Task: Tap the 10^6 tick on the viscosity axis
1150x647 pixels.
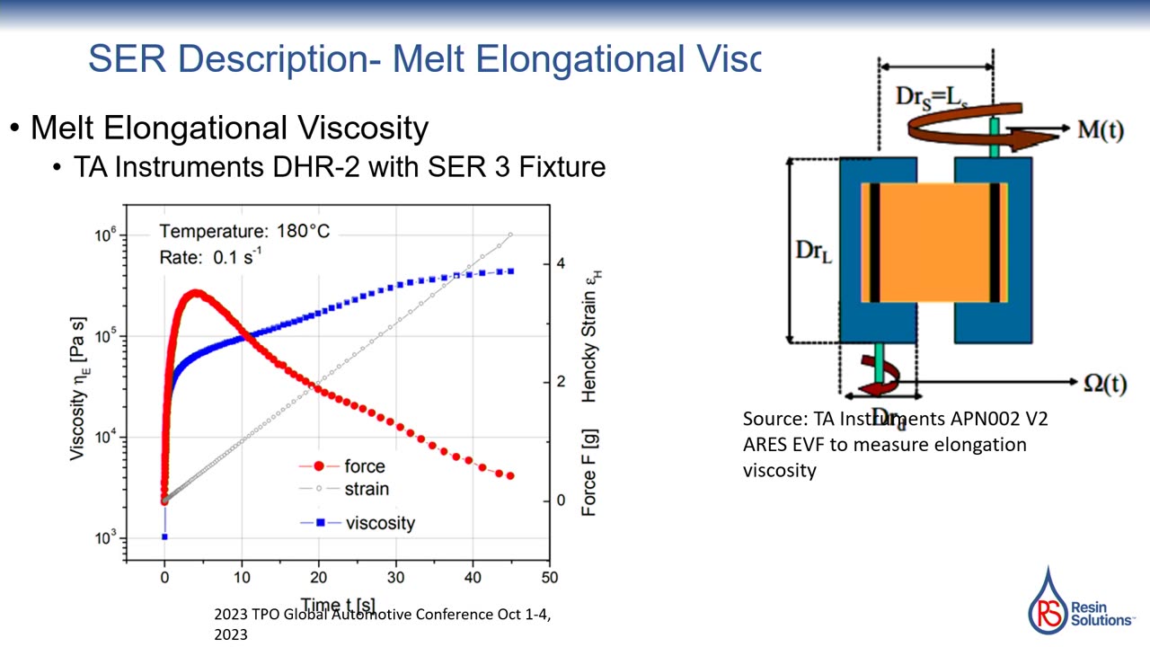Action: [x=105, y=235]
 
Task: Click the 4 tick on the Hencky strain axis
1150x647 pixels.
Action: [x=560, y=264]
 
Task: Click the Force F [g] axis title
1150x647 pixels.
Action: [x=589, y=473]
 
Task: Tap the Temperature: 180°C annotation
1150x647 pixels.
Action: [x=244, y=232]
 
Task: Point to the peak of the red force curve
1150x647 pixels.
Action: [x=196, y=293]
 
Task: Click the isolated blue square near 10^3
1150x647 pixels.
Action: [x=164, y=537]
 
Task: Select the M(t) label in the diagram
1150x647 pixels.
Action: [x=1100, y=129]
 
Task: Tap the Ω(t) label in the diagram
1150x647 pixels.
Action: [x=1104, y=383]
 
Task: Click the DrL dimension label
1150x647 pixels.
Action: [x=814, y=251]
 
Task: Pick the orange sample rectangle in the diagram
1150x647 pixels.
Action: [x=934, y=243]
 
